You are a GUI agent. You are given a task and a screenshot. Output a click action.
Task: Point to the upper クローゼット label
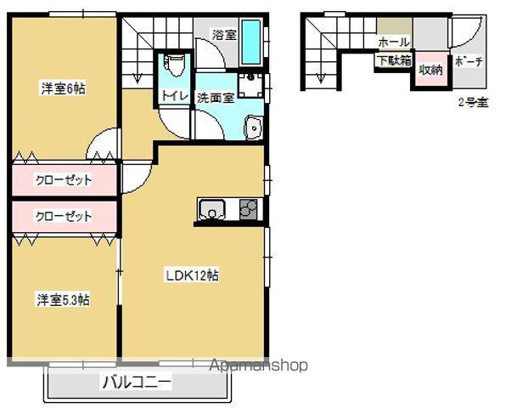tap(63, 180)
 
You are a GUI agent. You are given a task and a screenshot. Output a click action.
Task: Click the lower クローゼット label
tap(63, 217)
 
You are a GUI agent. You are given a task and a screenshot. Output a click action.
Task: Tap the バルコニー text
tap(137, 382)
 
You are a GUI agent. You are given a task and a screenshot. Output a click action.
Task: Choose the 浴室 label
tap(223, 35)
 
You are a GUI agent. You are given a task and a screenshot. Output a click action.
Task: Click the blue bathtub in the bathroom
tap(251, 42)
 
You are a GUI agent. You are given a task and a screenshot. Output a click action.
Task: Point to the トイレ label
tap(175, 96)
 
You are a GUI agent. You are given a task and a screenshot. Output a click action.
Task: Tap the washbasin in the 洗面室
tap(254, 128)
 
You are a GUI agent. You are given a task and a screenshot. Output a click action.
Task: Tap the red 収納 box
tap(430, 70)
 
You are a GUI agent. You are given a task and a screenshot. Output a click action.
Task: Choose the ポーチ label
tap(468, 61)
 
